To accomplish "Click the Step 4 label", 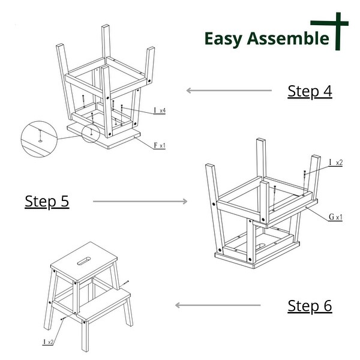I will click(310, 91).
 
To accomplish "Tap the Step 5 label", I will click(47, 201).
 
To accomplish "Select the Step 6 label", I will click(310, 305).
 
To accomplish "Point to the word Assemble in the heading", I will click(290, 38).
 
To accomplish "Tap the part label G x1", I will click(335, 217).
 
